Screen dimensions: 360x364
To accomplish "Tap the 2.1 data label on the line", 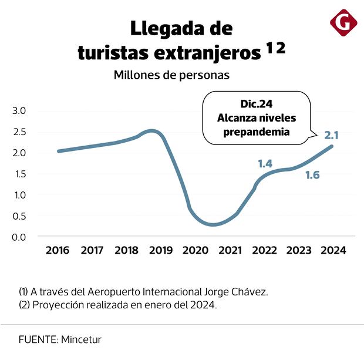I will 331,136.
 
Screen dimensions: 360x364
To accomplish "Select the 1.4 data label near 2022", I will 265,164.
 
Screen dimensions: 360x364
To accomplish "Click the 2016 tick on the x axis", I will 58,251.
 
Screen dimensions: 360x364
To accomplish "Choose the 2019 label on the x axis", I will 161,251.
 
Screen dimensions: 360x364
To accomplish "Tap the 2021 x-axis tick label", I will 230,251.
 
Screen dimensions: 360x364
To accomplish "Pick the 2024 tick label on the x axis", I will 333,251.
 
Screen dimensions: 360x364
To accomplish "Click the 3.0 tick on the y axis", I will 20,110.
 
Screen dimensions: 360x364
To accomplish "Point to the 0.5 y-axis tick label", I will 20,216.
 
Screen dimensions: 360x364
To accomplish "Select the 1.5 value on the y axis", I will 20,173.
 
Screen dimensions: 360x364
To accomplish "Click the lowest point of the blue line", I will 212,225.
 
